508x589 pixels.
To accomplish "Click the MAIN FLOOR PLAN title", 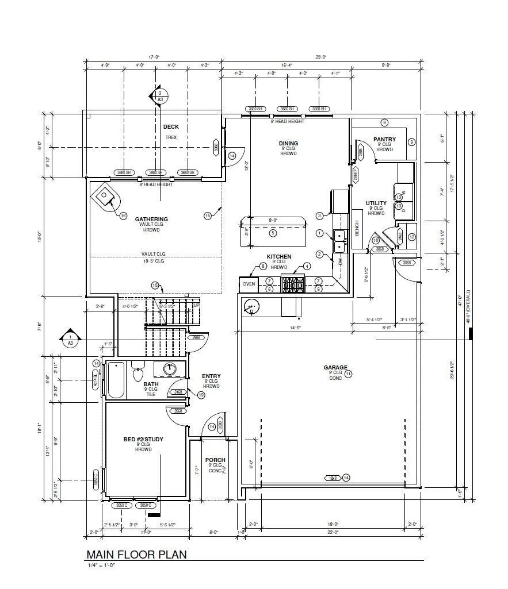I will click(136, 554).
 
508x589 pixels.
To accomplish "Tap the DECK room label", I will click(171, 127).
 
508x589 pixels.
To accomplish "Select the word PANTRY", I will click(384, 139).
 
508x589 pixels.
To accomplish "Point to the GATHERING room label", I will click(151, 219).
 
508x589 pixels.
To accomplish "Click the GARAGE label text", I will click(335, 367).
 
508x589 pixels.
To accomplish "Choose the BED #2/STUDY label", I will click(143, 440).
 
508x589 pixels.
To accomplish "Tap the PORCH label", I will click(215, 460).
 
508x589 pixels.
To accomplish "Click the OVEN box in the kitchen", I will click(249, 284).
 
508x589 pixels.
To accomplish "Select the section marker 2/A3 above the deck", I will click(159, 95).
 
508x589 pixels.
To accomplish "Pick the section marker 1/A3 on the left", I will click(70, 340).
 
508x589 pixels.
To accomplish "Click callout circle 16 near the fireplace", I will click(123, 216).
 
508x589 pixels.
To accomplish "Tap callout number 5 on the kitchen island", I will click(273, 233).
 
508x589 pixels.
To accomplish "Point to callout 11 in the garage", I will click(348, 374).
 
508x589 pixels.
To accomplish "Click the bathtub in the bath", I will click(116, 380).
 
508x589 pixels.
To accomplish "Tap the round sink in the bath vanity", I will click(170, 369).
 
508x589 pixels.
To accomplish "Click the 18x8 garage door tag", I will click(332, 478).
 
